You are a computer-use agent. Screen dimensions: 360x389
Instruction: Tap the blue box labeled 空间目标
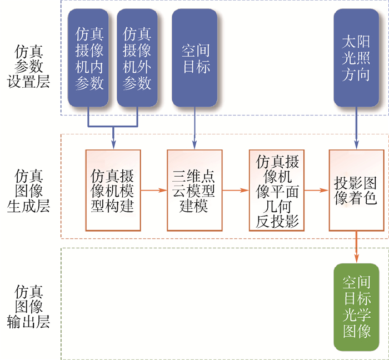click(195, 58)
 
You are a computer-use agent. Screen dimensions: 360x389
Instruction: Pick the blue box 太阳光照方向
click(356, 58)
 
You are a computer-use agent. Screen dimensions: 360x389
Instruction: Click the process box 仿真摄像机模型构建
click(113, 190)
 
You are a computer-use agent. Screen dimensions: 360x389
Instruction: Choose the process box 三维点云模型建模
click(194, 190)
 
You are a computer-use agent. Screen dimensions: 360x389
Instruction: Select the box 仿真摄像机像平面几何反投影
click(277, 190)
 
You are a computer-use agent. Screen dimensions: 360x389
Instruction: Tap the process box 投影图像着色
click(356, 190)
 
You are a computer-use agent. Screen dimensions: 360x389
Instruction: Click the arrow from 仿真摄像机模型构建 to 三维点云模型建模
click(154, 190)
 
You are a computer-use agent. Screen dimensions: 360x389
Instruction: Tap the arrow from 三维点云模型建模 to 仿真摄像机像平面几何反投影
click(236, 190)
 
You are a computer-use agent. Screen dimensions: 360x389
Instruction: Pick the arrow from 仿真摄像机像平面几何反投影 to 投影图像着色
click(316, 190)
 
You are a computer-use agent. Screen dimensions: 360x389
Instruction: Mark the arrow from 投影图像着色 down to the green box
click(356, 247)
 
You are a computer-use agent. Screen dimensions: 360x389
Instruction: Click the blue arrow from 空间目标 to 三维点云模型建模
click(194, 128)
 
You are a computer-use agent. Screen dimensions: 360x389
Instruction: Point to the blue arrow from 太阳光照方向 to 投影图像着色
click(356, 128)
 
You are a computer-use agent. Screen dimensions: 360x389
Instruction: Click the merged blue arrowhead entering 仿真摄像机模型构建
click(113, 143)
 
